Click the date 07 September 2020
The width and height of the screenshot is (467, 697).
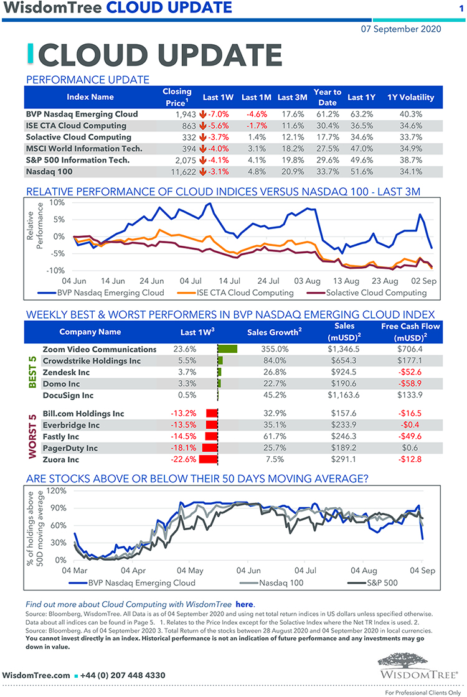click(x=401, y=29)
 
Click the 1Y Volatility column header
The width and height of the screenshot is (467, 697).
click(x=410, y=97)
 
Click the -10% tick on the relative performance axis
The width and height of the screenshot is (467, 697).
click(x=56, y=270)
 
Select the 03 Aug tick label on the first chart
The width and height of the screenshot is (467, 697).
click(x=308, y=281)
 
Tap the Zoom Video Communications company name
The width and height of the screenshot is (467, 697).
click(x=100, y=349)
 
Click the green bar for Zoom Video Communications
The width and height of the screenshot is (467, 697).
click(x=228, y=349)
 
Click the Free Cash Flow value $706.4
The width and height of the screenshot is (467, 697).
click(x=410, y=349)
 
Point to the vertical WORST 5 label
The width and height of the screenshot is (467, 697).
click(x=32, y=436)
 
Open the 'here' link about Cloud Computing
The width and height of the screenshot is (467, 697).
click(x=244, y=604)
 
